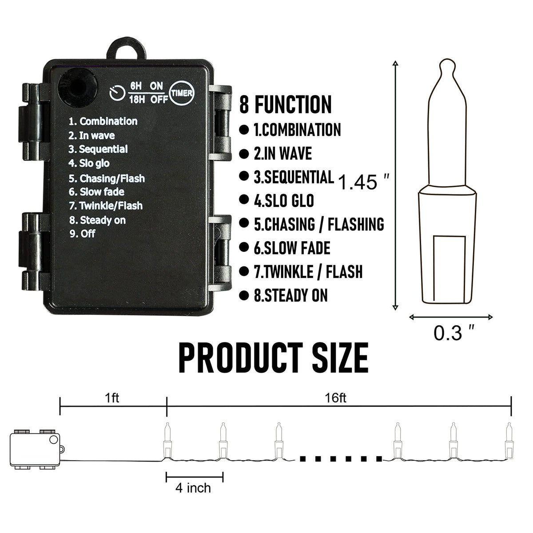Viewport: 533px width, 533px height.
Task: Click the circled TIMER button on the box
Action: pyautogui.click(x=182, y=93)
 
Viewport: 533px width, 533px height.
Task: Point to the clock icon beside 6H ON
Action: pyautogui.click(x=118, y=93)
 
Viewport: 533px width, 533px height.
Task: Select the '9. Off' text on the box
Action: pyautogui.click(x=83, y=234)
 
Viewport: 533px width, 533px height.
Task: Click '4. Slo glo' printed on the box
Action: pyautogui.click(x=89, y=163)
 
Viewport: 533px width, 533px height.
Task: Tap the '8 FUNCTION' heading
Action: pyautogui.click(x=285, y=104)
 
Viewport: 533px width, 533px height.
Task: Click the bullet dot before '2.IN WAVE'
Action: pyautogui.click(x=244, y=154)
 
